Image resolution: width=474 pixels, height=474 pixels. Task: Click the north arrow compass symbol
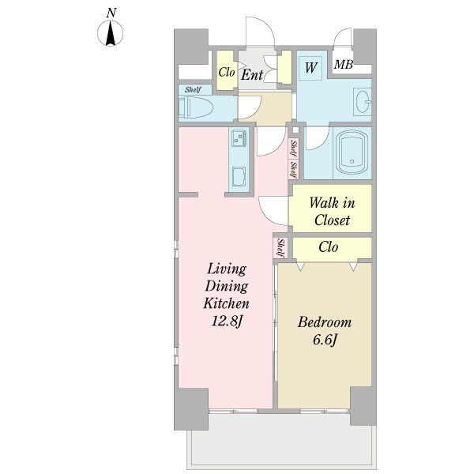111,33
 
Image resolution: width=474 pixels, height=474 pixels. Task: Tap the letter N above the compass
111,13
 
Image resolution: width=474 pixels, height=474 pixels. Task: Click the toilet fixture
196,107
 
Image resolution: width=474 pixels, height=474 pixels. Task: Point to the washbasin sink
363,102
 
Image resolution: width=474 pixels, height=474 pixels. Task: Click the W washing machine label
310,68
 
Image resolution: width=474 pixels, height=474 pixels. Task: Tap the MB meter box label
344,65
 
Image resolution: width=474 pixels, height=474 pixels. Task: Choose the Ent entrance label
252,75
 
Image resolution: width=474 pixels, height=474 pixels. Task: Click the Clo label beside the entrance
227,72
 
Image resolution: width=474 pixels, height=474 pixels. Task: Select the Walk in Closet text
332,211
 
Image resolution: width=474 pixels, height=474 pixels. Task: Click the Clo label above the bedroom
329,247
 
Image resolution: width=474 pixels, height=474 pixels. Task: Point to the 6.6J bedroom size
325,340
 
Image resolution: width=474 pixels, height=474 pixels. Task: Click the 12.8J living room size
227,321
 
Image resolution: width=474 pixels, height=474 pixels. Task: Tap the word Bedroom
325,322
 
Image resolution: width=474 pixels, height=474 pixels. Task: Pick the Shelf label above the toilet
194,89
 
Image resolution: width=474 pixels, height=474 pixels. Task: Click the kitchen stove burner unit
239,138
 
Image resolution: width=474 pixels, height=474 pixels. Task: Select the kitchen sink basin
239,176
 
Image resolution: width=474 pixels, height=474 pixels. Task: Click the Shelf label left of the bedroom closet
280,249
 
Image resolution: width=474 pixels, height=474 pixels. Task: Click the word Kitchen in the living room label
227,303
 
